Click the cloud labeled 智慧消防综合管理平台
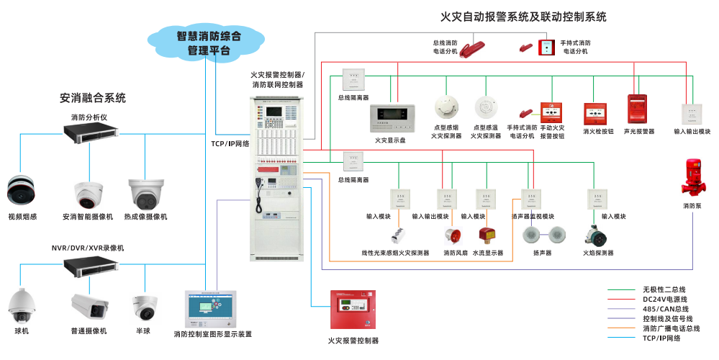pos(208,42)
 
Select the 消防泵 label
pos(692,206)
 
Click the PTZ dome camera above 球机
pos(22,305)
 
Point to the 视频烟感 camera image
pos(22,190)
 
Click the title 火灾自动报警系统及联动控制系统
pos(523,16)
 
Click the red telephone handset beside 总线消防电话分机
pos(474,48)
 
